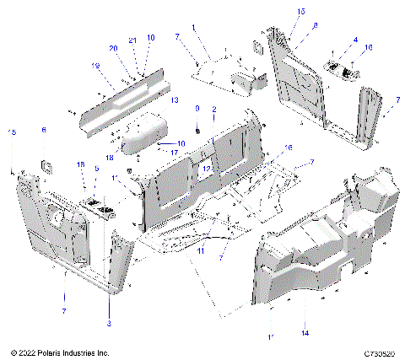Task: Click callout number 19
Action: (96, 65)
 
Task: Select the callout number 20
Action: (112, 48)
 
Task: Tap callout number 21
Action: (132, 40)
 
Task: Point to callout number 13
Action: (175, 100)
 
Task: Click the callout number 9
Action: (197, 109)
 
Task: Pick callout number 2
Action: (214, 110)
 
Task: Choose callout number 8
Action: (315, 26)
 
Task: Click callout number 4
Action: (355, 40)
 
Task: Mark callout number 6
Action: (45, 130)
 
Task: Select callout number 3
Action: (109, 323)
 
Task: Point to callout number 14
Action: (305, 334)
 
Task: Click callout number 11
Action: (201, 251)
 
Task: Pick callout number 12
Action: (205, 168)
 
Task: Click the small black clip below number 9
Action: (197, 129)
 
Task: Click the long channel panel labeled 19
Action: (122, 95)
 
